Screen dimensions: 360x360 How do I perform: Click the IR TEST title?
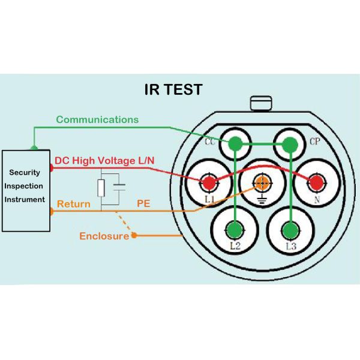tap(173, 90)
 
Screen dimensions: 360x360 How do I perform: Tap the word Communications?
tap(97, 119)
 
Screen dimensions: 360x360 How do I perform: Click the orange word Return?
tap(74, 204)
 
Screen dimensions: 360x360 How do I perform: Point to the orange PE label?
tap(143, 204)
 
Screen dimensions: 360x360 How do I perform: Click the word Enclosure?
tap(104, 236)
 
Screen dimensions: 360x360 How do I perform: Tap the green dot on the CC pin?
tap(235, 144)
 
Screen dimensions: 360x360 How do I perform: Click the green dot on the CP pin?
tap(290, 144)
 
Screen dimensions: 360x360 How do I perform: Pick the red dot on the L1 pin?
tap(209, 182)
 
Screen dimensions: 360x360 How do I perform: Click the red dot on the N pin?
tap(315, 182)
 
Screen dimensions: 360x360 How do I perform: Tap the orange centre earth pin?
tap(262, 182)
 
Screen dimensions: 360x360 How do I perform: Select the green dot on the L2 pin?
tap(235, 230)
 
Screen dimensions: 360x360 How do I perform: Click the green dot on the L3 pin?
tap(290, 230)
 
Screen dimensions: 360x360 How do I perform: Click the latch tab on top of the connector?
tap(262, 103)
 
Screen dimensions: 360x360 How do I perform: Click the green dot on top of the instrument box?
tap(34, 148)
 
